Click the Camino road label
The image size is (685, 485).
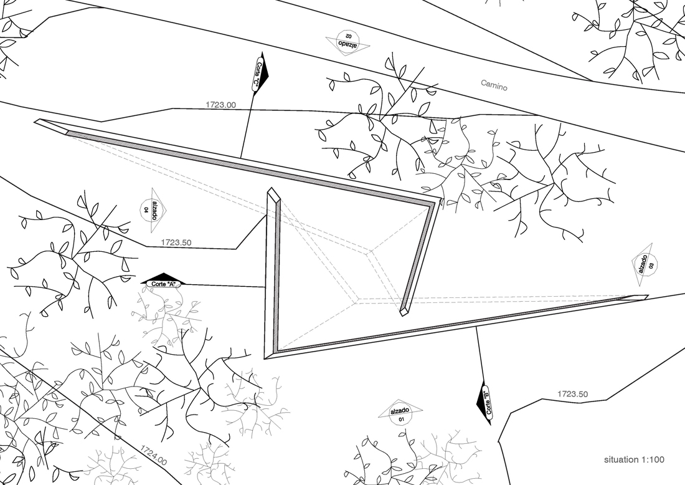click(x=494, y=85)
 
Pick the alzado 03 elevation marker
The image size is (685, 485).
click(x=645, y=264)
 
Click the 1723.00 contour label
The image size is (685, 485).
click(x=220, y=105)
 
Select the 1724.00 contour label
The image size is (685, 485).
click(x=153, y=455)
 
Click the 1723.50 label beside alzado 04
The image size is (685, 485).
click(x=176, y=242)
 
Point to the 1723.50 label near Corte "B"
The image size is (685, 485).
click(x=572, y=394)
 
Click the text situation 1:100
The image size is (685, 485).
click(x=634, y=459)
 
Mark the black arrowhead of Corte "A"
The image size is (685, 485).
click(x=163, y=278)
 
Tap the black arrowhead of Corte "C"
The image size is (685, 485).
click(x=263, y=72)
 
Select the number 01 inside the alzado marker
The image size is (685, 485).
click(x=402, y=420)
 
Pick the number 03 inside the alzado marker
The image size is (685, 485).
click(x=651, y=266)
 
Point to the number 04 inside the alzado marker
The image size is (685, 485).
click(x=146, y=210)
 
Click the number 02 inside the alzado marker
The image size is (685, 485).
click(x=348, y=36)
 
